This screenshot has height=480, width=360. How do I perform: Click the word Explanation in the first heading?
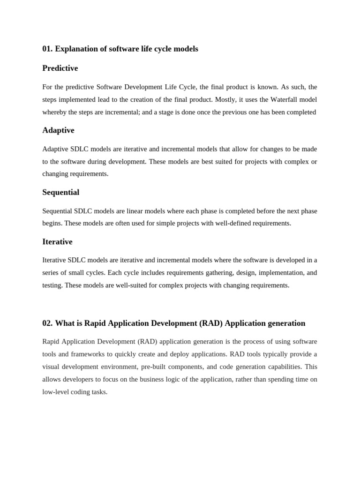tap(75, 49)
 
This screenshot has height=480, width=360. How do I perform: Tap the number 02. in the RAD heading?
tap(47, 323)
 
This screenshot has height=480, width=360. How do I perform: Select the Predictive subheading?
tap(60, 68)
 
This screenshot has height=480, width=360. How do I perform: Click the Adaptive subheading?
tap(58, 130)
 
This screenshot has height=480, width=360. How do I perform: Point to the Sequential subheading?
tap(61, 192)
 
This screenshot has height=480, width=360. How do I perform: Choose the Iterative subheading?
tap(57, 242)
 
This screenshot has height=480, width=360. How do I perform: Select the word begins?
tap(52, 223)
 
